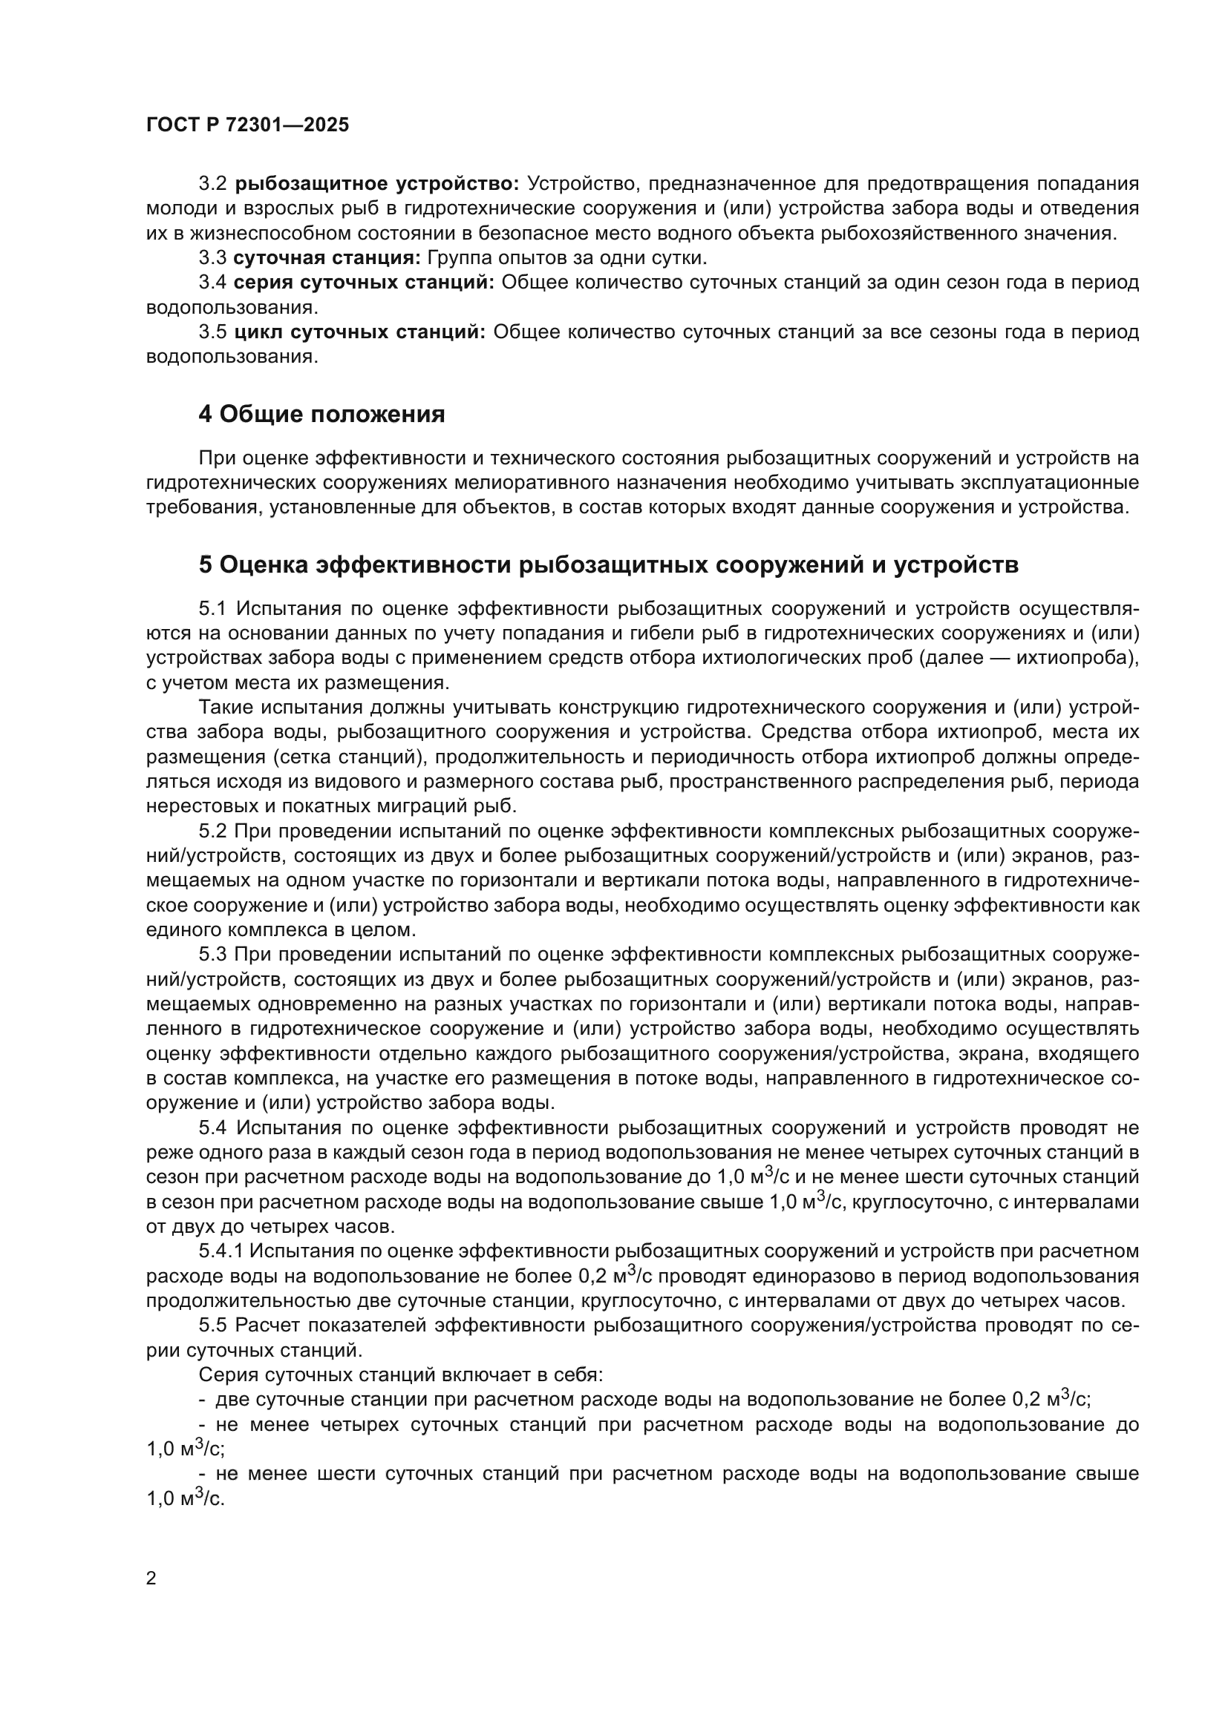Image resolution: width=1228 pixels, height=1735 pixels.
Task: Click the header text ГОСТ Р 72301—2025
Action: [x=247, y=125]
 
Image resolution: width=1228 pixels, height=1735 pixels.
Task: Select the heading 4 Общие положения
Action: [x=321, y=414]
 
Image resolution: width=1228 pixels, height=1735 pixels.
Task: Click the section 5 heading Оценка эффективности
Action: [x=609, y=564]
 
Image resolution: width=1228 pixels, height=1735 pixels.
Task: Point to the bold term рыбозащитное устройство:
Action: [x=376, y=184]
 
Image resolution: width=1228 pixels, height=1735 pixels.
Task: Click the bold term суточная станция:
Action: [x=327, y=257]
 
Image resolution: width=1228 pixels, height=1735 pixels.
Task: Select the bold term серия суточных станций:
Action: [x=364, y=283]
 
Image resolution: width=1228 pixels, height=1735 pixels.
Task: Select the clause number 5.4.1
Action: [x=221, y=1251]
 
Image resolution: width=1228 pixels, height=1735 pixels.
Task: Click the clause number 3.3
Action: [x=212, y=257]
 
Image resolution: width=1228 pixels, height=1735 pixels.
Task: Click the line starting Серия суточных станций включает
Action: [x=401, y=1374]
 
